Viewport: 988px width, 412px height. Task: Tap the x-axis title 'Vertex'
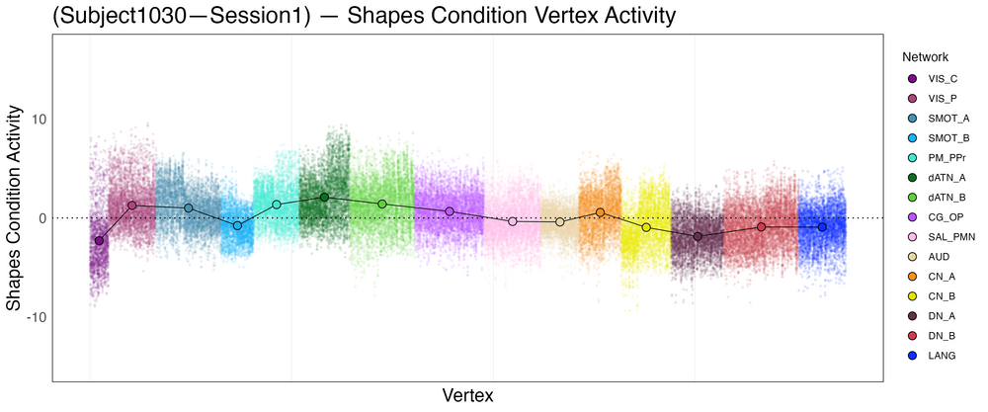(467, 395)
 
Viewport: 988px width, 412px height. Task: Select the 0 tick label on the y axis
(39, 218)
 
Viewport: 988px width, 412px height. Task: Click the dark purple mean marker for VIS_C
(99, 240)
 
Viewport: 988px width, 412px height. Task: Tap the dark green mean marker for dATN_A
(324, 198)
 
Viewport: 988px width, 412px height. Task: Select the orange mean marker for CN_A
(600, 212)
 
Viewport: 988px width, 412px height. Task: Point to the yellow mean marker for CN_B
(646, 227)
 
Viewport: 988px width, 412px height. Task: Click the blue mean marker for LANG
(822, 227)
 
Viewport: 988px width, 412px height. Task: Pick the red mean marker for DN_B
(761, 226)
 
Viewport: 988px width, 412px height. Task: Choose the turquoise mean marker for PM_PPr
(277, 205)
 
